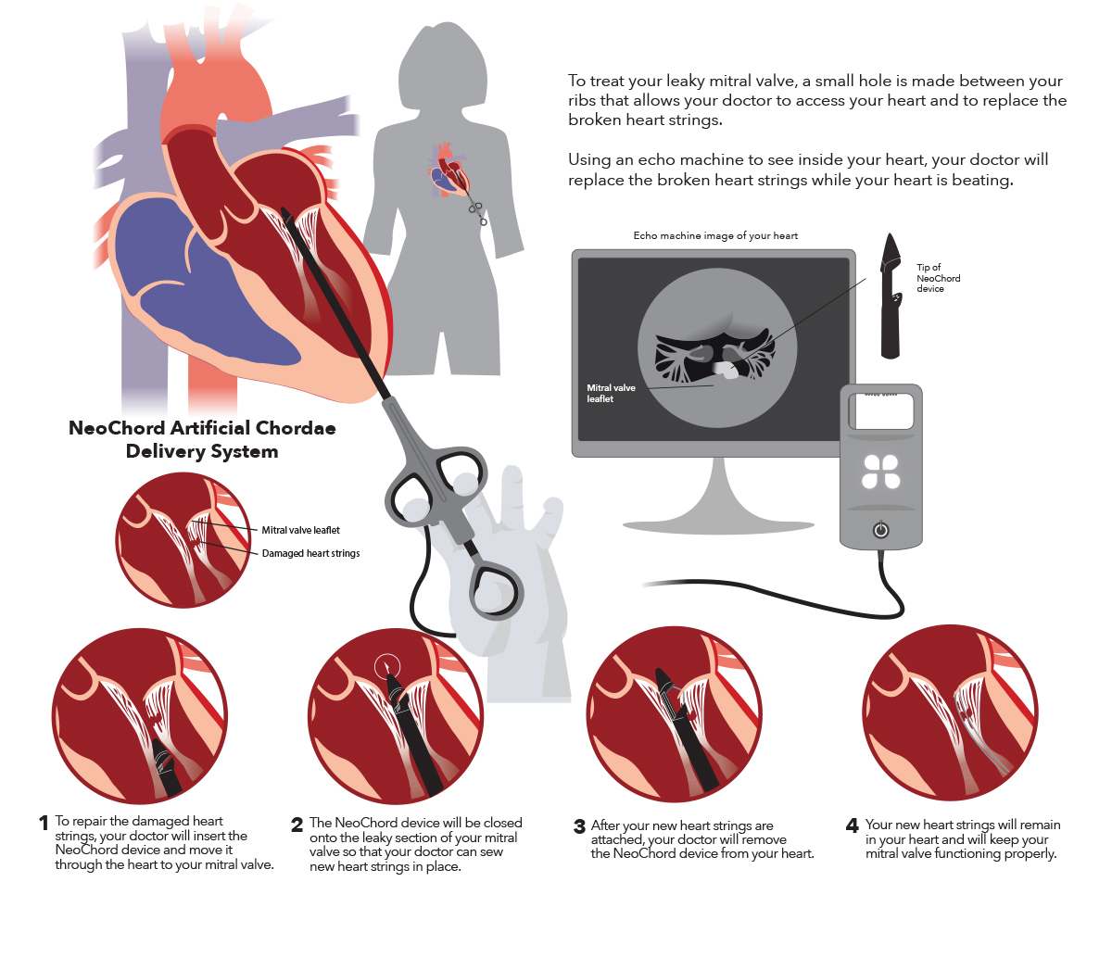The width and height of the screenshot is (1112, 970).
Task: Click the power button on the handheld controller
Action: (x=881, y=530)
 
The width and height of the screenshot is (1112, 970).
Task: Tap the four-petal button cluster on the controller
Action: (x=881, y=471)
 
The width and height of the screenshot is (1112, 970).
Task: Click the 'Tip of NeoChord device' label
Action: (x=938, y=278)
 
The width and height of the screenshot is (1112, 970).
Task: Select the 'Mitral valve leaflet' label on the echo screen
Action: (x=611, y=394)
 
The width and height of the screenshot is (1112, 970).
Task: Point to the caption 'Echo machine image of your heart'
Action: (x=715, y=235)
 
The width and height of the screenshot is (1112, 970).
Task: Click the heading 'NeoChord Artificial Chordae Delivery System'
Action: (x=202, y=440)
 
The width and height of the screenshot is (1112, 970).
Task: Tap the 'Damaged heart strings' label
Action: (x=310, y=553)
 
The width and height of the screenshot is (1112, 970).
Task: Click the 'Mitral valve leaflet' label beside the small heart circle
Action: (x=300, y=530)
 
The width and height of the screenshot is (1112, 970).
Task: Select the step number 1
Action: (x=44, y=823)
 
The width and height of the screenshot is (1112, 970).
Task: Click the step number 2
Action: (x=297, y=825)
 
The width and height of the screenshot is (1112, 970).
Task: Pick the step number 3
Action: (x=579, y=826)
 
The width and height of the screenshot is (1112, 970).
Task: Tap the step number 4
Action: (x=853, y=825)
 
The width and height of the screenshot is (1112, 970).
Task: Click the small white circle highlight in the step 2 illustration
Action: (x=387, y=665)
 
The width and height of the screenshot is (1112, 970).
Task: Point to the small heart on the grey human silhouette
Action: (x=449, y=170)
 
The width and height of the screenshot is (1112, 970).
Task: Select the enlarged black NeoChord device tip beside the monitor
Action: (x=891, y=296)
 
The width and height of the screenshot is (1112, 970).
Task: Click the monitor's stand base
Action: (x=718, y=524)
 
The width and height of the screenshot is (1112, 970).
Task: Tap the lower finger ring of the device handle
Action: (x=497, y=588)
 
